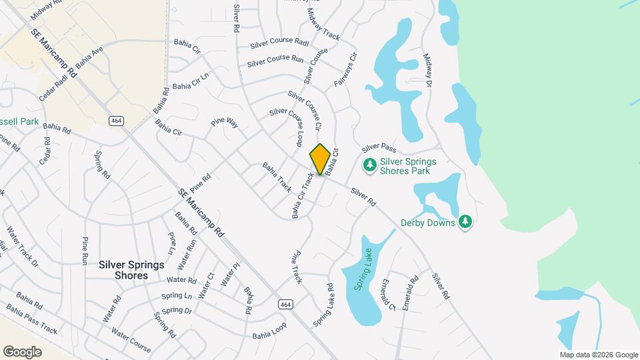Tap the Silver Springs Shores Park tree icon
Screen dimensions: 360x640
(369, 164)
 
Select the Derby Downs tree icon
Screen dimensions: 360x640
(466, 221)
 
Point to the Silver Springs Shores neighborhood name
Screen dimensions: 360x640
(131, 270)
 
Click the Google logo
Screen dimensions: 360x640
(22, 352)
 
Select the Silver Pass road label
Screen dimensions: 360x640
(379, 147)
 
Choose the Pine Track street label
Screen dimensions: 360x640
(297, 266)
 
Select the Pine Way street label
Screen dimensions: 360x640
(225, 123)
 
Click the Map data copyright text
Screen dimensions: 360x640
(598, 355)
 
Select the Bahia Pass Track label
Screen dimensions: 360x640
(32, 319)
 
